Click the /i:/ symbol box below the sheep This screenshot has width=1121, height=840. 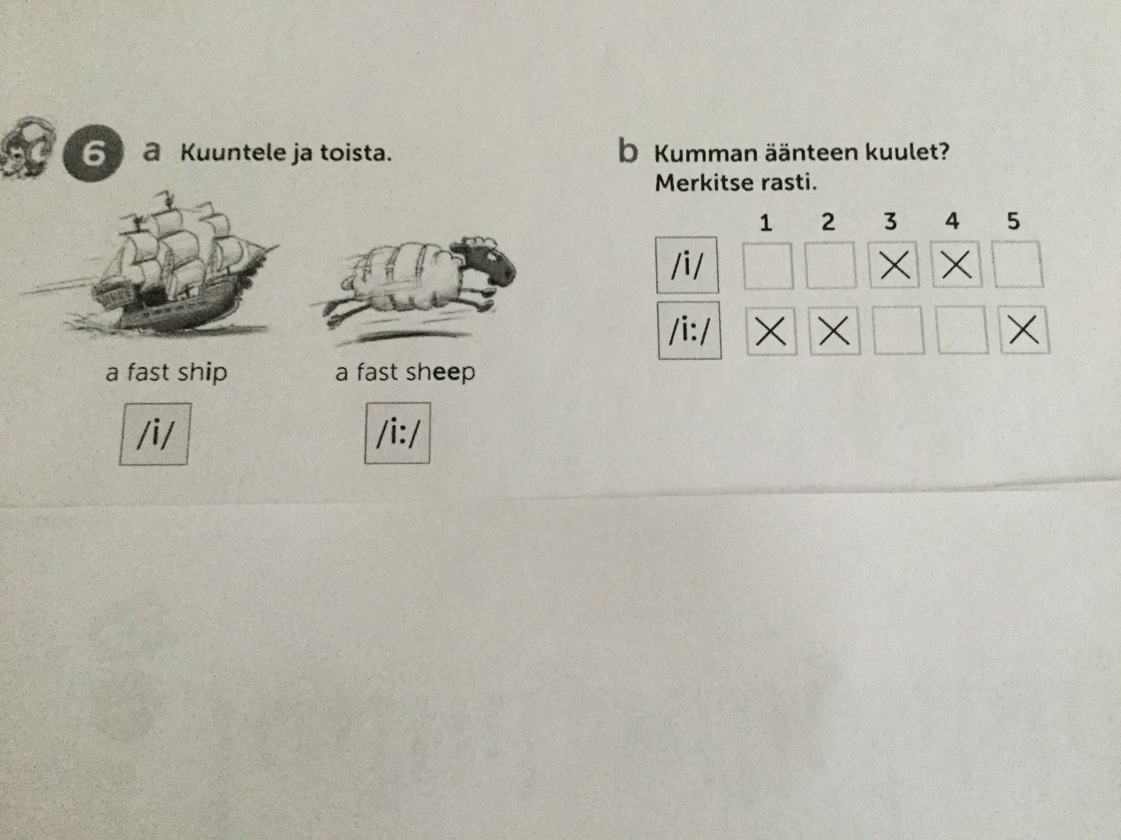point(397,433)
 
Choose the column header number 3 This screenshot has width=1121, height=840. point(890,222)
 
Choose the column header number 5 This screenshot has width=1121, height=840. point(1013,221)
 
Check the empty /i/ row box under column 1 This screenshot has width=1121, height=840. point(768,266)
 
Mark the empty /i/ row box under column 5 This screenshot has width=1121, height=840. point(1018,264)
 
